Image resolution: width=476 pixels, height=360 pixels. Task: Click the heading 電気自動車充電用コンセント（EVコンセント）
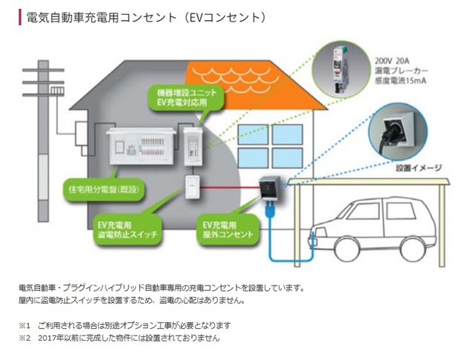144,17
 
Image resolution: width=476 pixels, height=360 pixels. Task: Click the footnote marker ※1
25,325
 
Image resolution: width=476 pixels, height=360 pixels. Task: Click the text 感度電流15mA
399,82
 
